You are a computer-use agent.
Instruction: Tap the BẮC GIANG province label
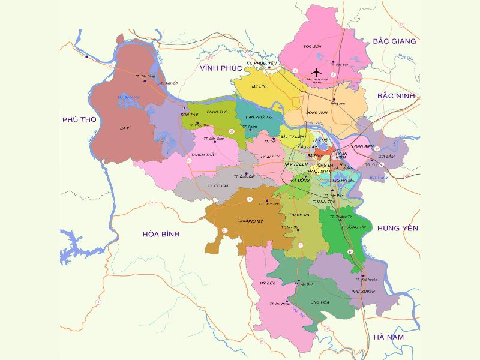coord(394,41)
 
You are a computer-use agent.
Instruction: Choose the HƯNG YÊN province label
coord(398,228)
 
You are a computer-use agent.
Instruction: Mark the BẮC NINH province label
coord(397,96)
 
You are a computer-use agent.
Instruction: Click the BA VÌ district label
coord(125,128)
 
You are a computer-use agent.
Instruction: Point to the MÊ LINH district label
coord(259,86)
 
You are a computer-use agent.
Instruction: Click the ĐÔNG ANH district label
coord(316,112)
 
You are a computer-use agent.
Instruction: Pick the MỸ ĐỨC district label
coord(266,282)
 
